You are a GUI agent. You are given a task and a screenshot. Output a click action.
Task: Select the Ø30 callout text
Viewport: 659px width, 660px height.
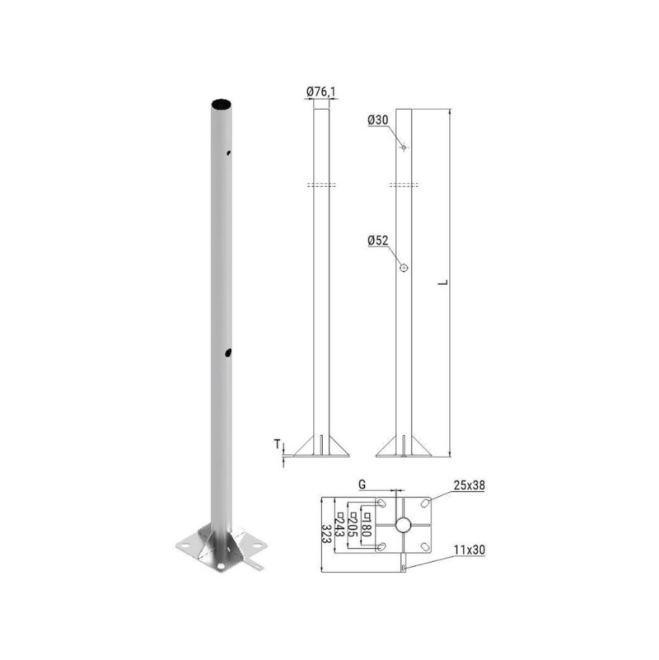[x=378, y=120]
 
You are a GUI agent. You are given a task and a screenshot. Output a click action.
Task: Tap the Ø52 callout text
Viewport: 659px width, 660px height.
[x=378, y=241]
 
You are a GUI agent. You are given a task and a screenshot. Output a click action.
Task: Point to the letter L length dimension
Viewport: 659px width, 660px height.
[x=443, y=282]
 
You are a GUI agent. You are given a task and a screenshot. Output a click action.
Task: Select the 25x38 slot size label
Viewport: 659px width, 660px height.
[x=469, y=486]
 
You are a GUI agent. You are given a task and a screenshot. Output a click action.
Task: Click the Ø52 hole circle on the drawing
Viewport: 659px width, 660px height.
[x=404, y=269]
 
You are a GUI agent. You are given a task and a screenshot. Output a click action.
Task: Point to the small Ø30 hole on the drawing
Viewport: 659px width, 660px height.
[x=404, y=147]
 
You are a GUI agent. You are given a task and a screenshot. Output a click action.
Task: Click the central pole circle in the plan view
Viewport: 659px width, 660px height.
[x=403, y=525]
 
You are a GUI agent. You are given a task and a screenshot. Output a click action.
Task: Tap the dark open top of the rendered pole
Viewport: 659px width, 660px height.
[x=221, y=105]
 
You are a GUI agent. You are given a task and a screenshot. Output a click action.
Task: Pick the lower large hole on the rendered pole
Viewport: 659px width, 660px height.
[x=227, y=353]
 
